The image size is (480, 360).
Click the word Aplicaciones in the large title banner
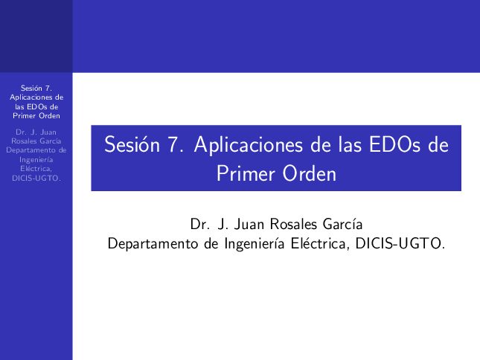coord(249,145)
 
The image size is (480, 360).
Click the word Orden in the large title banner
coord(309,174)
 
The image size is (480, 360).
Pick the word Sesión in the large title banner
coord(132,144)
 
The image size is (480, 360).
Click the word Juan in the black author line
coord(249,224)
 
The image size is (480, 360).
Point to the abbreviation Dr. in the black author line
coord(200,224)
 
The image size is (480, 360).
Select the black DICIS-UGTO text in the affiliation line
coord(400,244)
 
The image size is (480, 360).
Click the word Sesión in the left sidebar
coord(33,88)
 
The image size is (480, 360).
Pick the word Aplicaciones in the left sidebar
coord(32,97)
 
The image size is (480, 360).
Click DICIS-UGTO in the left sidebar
coord(36,179)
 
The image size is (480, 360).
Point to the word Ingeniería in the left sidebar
coord(36,160)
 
